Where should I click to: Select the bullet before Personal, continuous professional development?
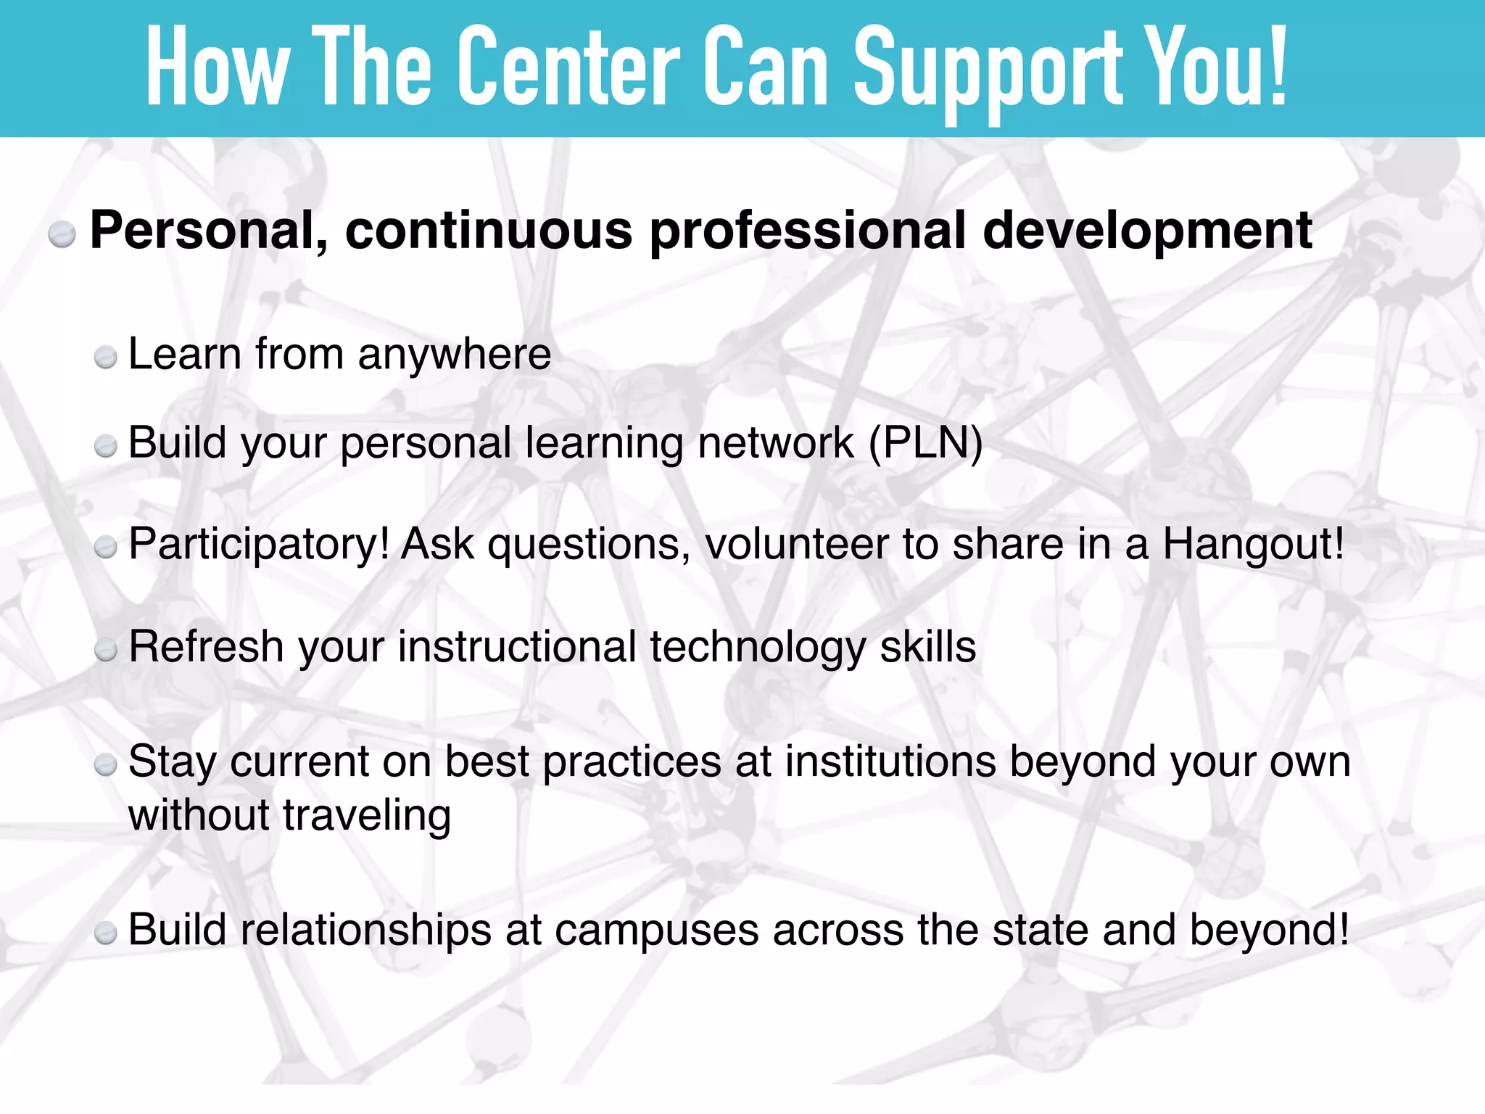tap(62, 235)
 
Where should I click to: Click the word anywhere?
tap(454, 355)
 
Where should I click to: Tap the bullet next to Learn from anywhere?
tap(106, 358)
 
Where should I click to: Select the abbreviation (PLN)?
tap(925, 443)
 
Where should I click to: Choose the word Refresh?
tap(206, 646)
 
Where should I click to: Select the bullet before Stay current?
tap(106, 764)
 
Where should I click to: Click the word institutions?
tap(890, 762)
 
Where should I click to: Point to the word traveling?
tap(367, 816)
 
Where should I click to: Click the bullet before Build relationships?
tap(106, 933)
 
